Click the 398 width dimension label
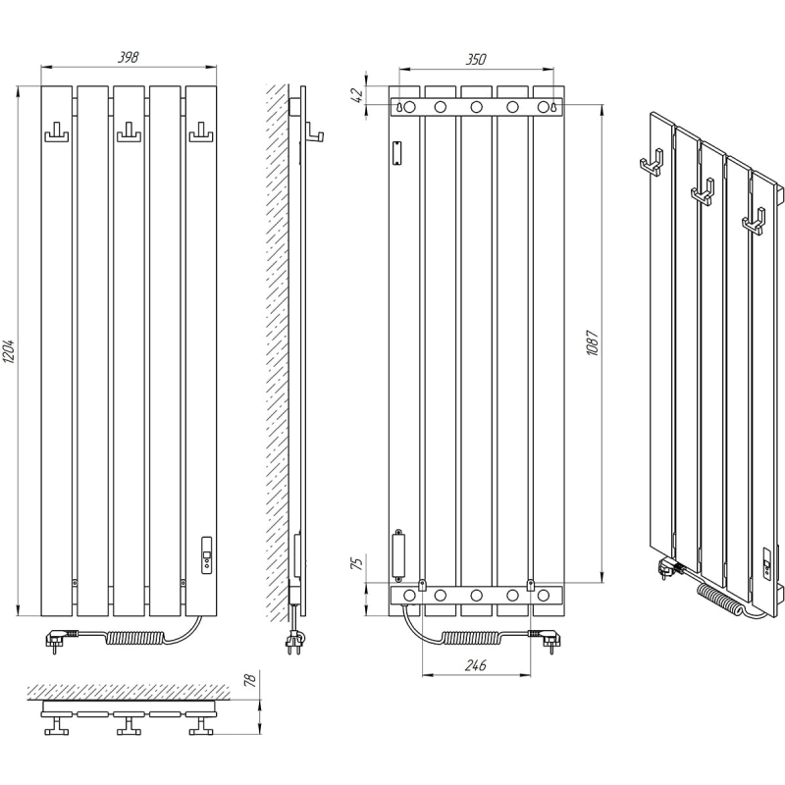coord(129,58)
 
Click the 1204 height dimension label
coord(10,351)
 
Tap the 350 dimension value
coord(476,59)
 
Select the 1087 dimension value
coord(593,342)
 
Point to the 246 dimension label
coord(476,665)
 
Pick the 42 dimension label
coord(357,95)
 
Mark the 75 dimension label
coord(357,563)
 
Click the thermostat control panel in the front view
coord(206,554)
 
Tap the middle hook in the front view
coord(129,133)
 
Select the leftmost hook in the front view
coord(57,133)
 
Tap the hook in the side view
coord(314,133)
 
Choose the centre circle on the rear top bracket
coord(476,107)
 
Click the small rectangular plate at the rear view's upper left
coord(397,153)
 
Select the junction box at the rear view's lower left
coord(399,555)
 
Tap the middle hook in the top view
coord(129,725)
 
